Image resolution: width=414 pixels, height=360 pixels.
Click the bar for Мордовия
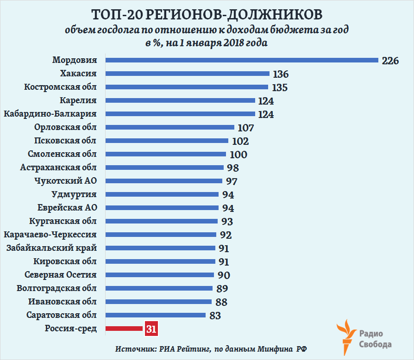click(242, 60)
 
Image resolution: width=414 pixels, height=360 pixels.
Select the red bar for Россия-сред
click(124, 329)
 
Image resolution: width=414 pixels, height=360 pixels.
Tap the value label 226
click(390, 61)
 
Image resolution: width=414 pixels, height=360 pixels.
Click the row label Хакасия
click(78, 74)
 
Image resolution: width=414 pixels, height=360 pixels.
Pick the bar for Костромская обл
click(187, 87)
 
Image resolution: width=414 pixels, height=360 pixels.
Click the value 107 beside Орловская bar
click(245, 128)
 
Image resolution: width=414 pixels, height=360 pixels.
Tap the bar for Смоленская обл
click(166, 154)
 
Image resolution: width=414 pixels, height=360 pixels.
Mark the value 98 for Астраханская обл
click(232, 168)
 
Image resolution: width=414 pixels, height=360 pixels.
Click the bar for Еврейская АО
click(162, 208)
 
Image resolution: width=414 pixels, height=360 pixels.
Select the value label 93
click(227, 222)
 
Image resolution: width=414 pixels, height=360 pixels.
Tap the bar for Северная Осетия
click(160, 275)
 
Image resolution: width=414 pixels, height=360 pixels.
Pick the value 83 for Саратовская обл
click(215, 316)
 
